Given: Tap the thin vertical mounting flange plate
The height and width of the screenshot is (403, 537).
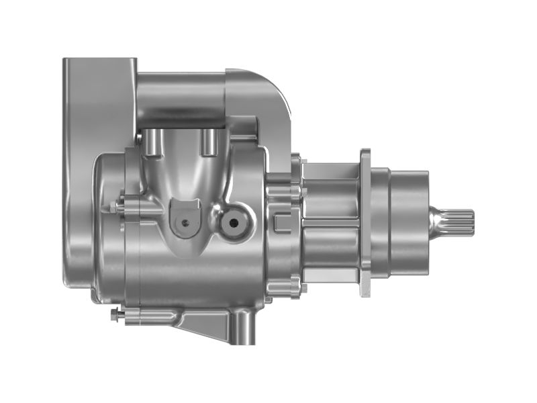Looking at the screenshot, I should click(366, 222).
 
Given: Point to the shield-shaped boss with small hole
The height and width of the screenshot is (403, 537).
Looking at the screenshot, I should click(185, 217).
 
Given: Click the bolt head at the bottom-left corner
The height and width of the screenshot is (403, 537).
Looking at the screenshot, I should click(115, 314).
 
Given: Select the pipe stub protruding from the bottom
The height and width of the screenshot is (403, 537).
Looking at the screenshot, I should click(242, 329).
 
